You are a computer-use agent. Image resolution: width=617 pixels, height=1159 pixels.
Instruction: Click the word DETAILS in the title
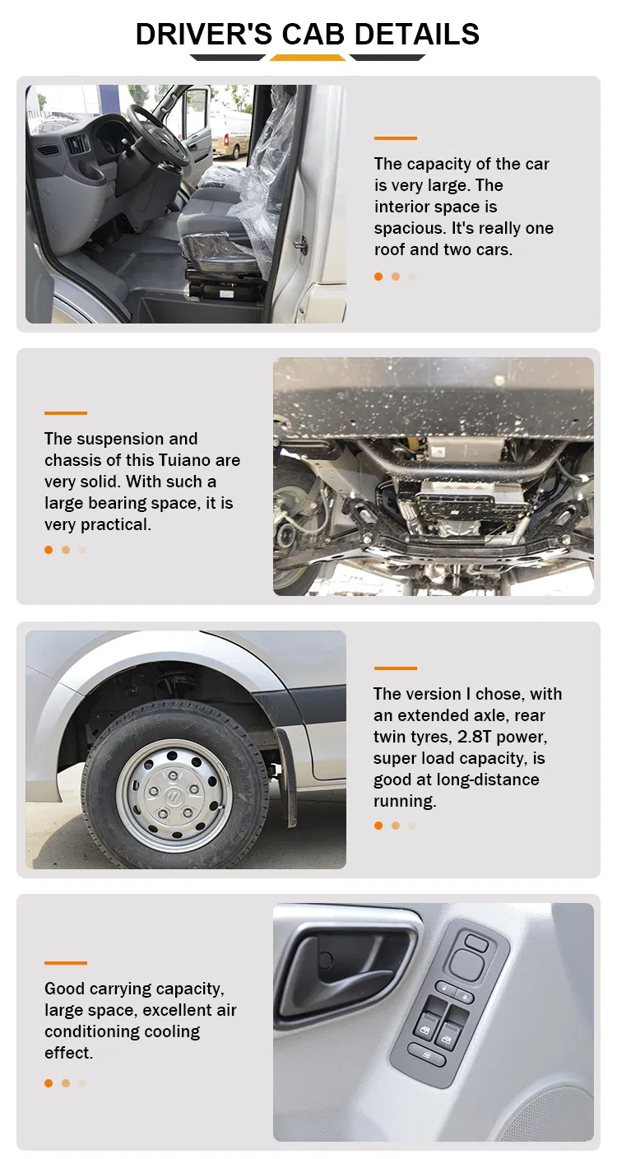[415, 34]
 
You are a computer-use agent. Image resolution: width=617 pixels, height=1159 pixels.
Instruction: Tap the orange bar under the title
[308, 58]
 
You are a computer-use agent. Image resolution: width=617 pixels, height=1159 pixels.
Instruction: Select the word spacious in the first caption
[410, 228]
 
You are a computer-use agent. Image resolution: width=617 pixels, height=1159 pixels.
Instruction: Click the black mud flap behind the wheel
[287, 774]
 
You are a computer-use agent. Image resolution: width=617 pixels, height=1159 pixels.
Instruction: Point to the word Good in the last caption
[65, 989]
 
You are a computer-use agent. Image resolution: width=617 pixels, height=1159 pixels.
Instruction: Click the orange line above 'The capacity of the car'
[395, 138]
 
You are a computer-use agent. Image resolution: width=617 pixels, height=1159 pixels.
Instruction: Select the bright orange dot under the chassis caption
[49, 550]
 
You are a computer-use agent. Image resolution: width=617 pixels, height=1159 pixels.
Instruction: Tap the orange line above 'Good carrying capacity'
[66, 962]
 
